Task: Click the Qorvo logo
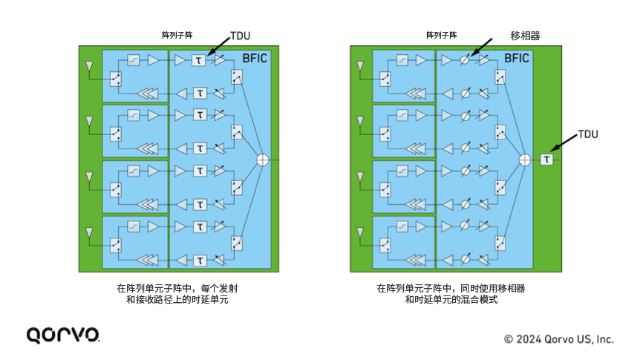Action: click(63, 335)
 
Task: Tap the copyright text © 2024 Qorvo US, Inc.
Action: click(559, 338)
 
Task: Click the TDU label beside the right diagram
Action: click(587, 134)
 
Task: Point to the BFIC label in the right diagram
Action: click(518, 57)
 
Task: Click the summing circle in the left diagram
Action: click(262, 160)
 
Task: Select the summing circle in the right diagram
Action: click(523, 160)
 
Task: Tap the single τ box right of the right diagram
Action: click(547, 160)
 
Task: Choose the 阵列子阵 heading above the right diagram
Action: click(441, 35)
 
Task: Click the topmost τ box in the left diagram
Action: click(199, 60)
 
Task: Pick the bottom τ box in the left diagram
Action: click(199, 260)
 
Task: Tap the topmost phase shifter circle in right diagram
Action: click(465, 60)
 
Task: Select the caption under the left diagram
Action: click(177, 294)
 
